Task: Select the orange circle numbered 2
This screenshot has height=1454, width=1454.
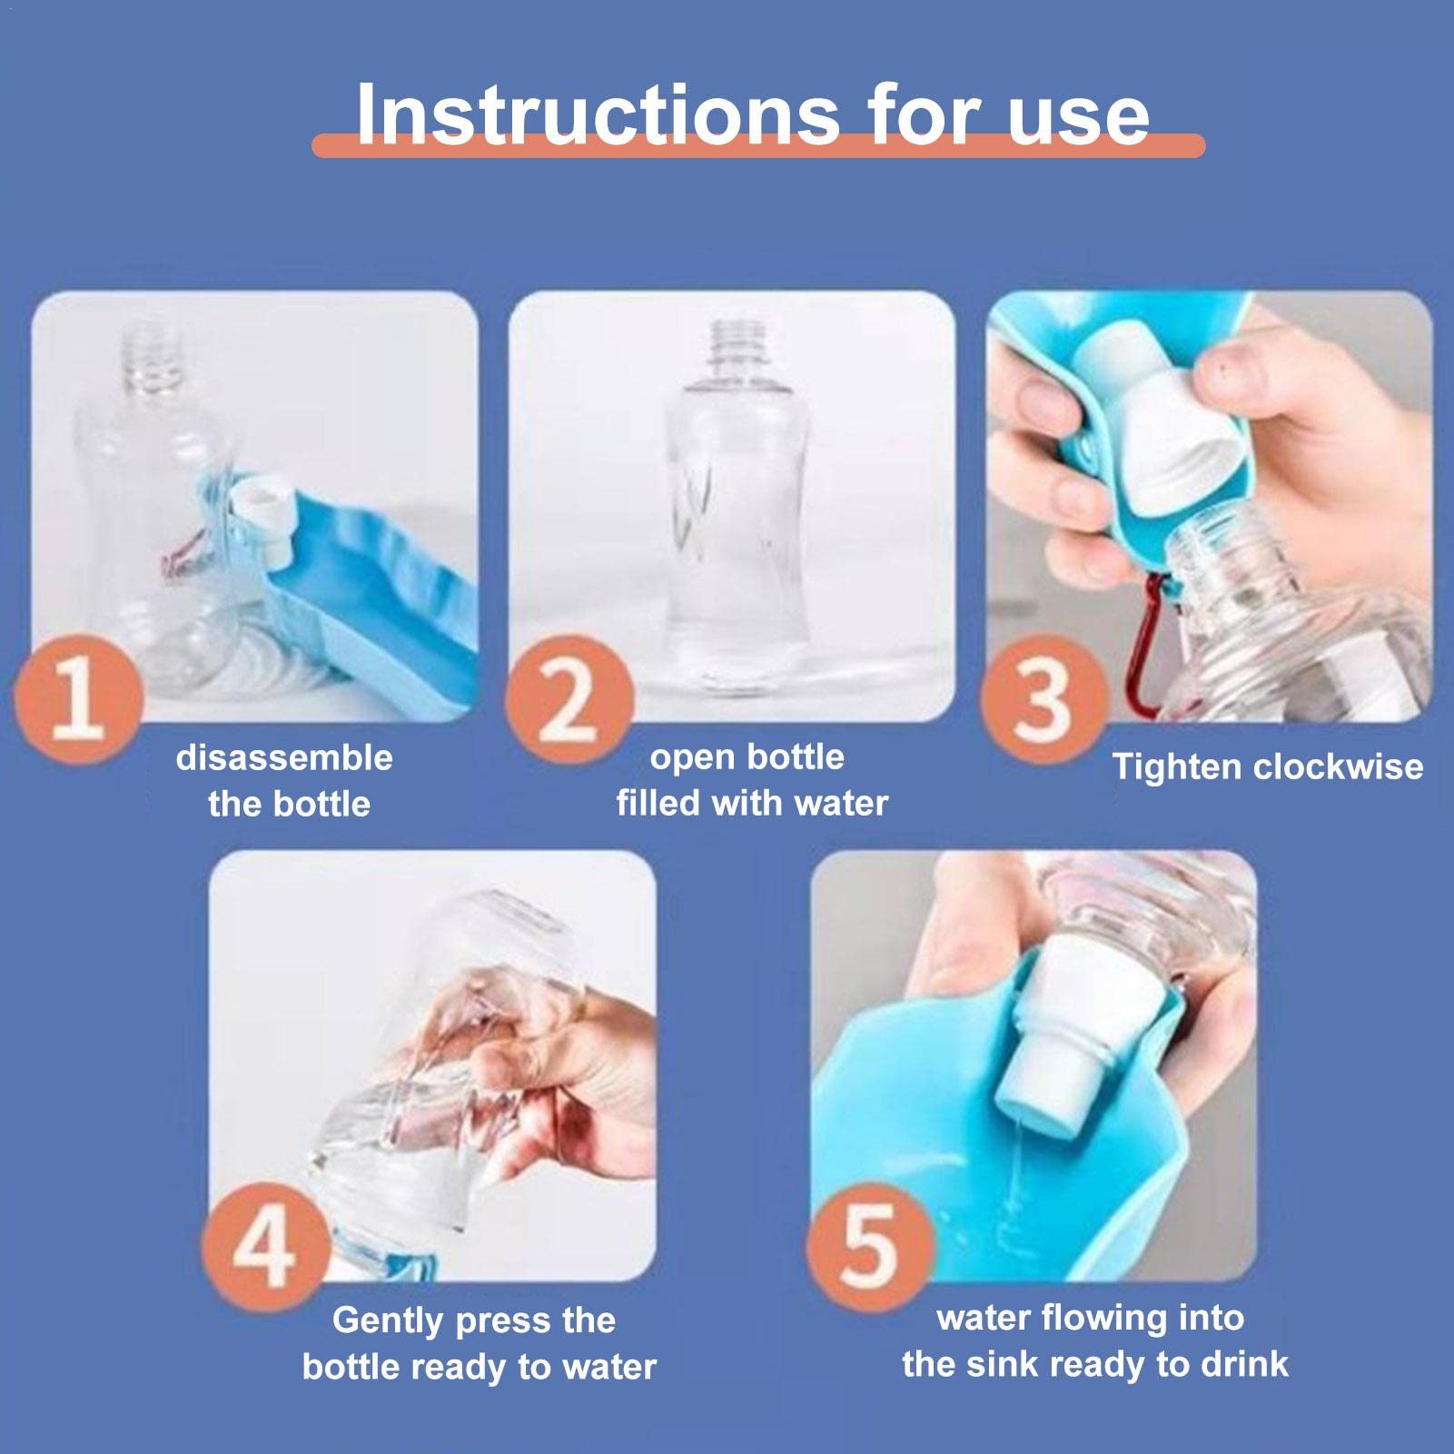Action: (x=569, y=699)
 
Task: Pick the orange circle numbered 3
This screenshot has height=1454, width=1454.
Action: (x=1045, y=698)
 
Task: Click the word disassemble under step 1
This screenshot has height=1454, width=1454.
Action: (x=284, y=757)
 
